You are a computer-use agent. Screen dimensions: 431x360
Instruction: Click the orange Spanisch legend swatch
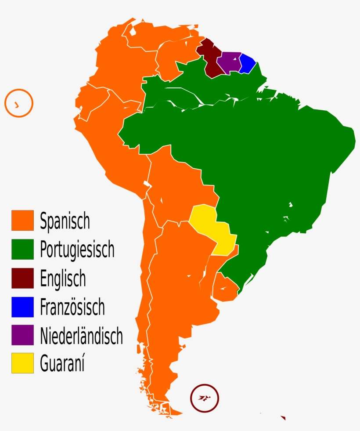pyautogui.click(x=22, y=220)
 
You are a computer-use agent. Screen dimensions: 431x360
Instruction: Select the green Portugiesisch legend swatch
pyautogui.click(x=22, y=248)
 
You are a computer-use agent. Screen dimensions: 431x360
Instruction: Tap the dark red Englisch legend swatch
pyautogui.click(x=22, y=278)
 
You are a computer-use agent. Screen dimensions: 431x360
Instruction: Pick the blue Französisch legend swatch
pyautogui.click(x=22, y=307)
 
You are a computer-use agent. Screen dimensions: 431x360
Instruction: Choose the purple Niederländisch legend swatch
pyautogui.click(x=22, y=335)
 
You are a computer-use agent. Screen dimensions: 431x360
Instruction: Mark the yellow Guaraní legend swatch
pyautogui.click(x=22, y=363)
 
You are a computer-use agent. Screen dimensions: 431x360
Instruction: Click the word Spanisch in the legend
pyautogui.click(x=65, y=221)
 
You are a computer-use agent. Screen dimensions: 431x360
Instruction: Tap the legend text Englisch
pyautogui.click(x=63, y=279)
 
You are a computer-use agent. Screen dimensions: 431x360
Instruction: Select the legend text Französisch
pyautogui.click(x=72, y=307)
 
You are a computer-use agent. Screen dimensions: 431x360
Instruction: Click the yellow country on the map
pyautogui.click(x=212, y=228)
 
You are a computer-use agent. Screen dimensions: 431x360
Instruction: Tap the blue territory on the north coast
pyautogui.click(x=247, y=64)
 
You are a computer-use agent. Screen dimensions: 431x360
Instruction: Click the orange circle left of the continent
pyautogui.click(x=19, y=103)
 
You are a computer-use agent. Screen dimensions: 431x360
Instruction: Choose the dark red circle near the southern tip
pyautogui.click(x=204, y=398)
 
